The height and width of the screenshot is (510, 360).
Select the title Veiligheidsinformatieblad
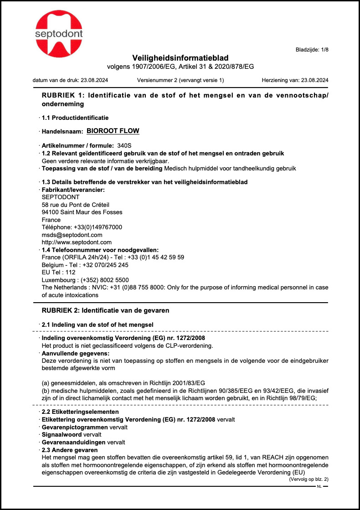pyautogui.click(x=180, y=58)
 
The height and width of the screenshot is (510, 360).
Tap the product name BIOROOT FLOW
pyautogui.click(x=113, y=131)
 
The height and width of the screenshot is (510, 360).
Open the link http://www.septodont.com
pyautogui.click(x=77, y=242)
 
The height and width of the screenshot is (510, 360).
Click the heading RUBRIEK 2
pyautogui.click(x=106, y=310)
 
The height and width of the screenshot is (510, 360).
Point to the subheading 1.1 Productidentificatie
pyautogui.click(x=75, y=118)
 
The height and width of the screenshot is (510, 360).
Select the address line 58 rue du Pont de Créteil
pyautogui.click(x=76, y=204)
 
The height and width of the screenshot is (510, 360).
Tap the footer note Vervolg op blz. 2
pyautogui.click(x=309, y=479)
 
